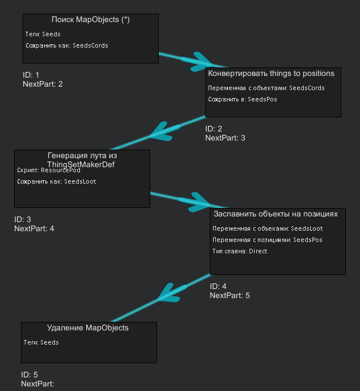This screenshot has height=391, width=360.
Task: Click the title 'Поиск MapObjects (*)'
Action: click(91, 20)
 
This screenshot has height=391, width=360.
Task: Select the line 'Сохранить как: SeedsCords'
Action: click(67, 45)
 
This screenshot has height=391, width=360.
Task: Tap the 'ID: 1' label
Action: click(31, 75)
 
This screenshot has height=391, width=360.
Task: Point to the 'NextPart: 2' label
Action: click(43, 84)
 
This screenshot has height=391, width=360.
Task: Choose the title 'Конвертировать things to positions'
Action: click(271, 74)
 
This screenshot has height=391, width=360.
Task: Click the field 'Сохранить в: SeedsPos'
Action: click(243, 99)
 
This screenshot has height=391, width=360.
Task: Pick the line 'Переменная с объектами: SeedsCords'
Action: click(266, 88)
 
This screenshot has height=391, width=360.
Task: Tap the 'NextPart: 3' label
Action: click(225, 138)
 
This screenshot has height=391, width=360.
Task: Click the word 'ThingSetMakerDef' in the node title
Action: click(81, 164)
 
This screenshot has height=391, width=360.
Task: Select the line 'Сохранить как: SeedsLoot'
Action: click(57, 181)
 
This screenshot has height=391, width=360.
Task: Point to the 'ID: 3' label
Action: click(23, 219)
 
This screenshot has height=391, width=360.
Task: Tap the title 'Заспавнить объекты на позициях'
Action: click(276, 214)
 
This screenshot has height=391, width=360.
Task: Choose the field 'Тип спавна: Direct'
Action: click(240, 251)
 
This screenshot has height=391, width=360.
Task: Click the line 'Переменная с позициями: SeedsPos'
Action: click(268, 240)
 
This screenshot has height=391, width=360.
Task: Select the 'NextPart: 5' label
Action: click(230, 295)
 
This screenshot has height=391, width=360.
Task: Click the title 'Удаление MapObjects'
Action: click(88, 328)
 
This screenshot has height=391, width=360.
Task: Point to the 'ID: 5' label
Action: click(29, 375)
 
